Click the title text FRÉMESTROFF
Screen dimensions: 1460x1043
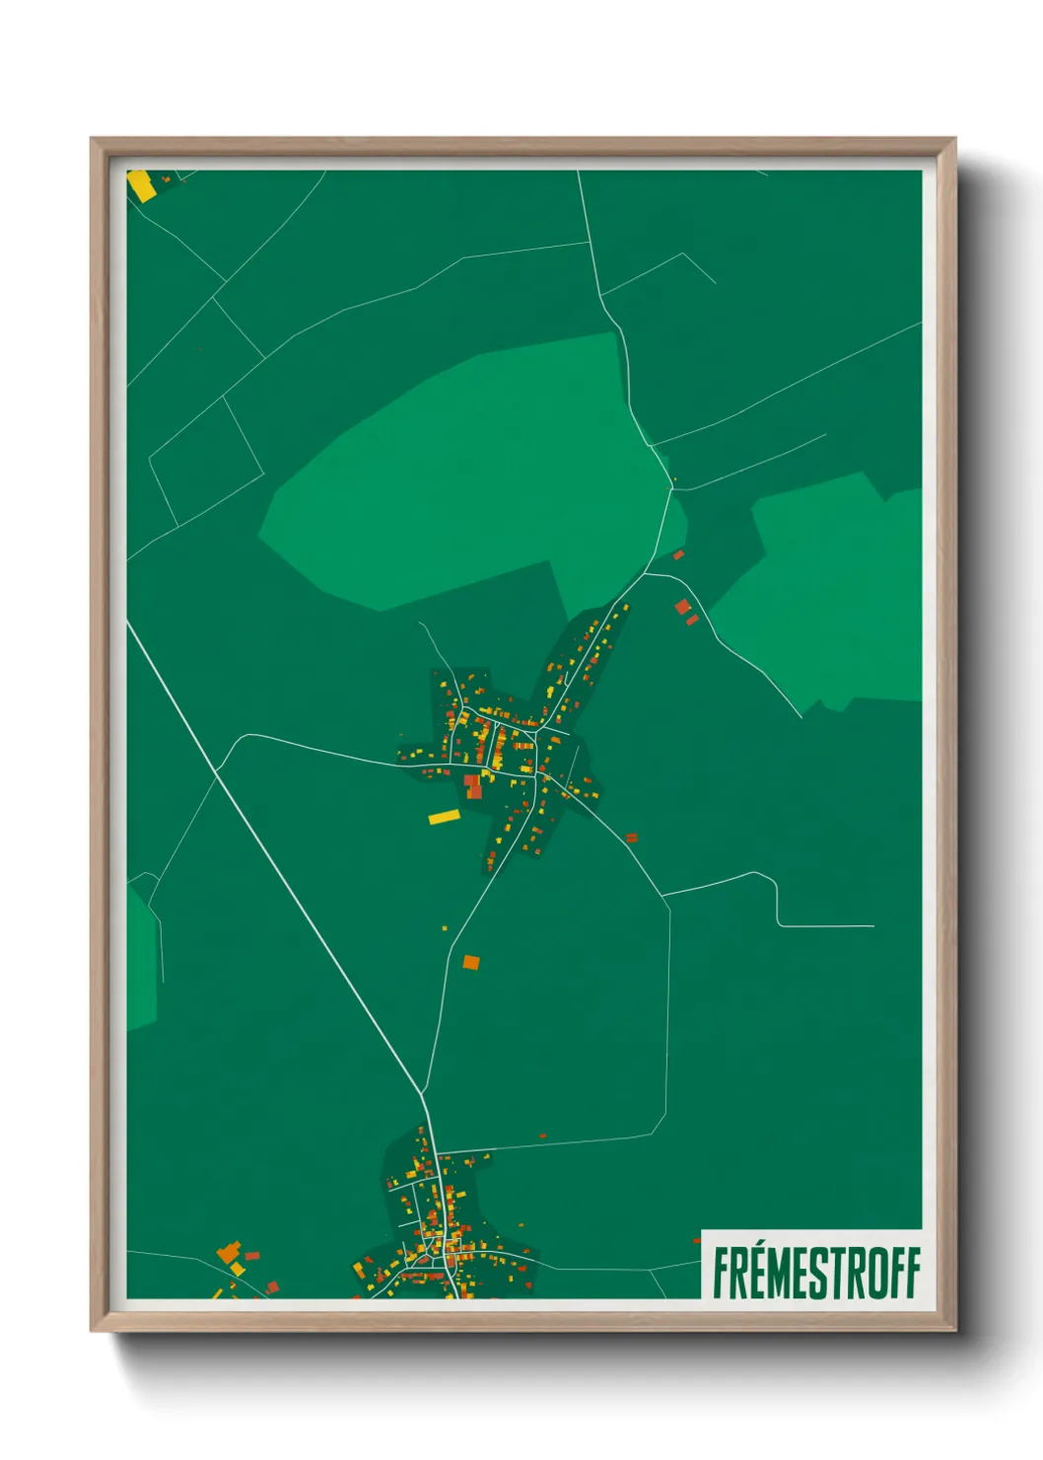[x=815, y=1273]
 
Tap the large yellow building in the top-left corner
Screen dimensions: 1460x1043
[x=141, y=185]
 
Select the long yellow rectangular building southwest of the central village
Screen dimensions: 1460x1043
[x=445, y=817]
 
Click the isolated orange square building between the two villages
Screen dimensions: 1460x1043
[x=471, y=962]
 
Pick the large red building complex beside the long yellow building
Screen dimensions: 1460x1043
[x=473, y=786]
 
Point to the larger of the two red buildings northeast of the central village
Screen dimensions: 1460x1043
[x=682, y=607]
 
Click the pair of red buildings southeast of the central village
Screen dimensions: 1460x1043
[x=632, y=839]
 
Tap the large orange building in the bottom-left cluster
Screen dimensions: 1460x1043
[x=230, y=1254]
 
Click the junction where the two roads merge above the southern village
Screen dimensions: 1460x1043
[x=423, y=1094]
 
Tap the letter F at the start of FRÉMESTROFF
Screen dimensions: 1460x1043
[x=723, y=1274]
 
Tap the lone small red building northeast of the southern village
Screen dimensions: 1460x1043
[x=542, y=1135]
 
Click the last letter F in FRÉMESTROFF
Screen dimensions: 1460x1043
[x=911, y=1274]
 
